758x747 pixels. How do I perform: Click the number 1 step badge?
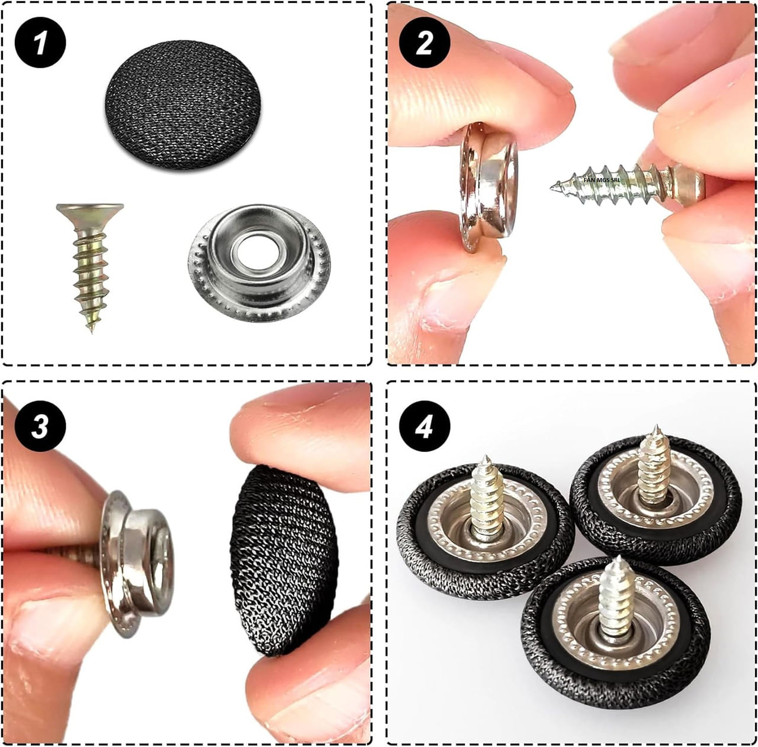click(40, 43)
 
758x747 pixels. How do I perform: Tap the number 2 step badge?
click(425, 43)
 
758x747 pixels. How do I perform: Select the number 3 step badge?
click(40, 426)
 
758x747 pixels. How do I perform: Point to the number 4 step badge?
click(425, 426)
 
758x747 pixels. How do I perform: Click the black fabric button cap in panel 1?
click(183, 105)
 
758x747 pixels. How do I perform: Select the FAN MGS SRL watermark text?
click(602, 180)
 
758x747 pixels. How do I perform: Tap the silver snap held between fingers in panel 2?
click(488, 187)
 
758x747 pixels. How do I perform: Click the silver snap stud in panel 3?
click(136, 563)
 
